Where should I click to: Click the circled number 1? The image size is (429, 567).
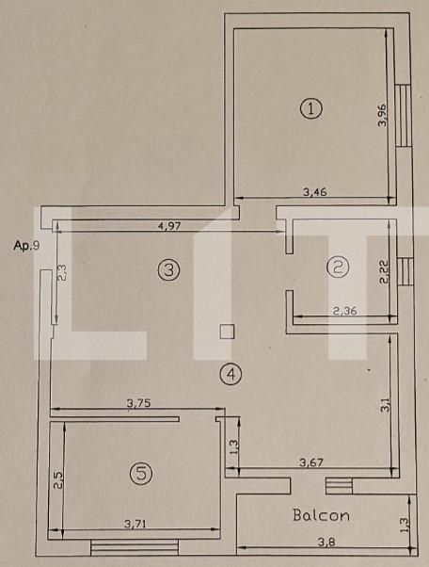click(310, 108)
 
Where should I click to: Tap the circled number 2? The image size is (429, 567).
click(337, 267)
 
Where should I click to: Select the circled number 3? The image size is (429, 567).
click(167, 270)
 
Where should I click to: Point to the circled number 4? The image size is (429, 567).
click(230, 374)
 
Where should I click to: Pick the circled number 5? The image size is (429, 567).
click(141, 475)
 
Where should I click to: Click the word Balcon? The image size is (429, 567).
click(321, 515)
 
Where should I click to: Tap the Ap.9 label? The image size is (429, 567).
click(25, 246)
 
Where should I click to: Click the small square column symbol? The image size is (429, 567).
click(226, 331)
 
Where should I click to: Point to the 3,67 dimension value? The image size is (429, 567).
click(314, 462)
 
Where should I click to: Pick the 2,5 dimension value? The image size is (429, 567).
click(56, 480)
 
